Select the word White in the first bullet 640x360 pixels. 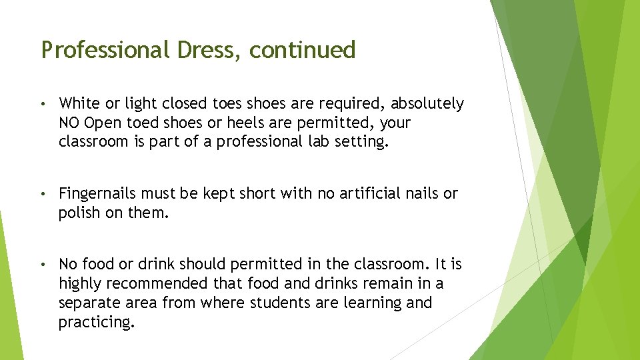coord(79,103)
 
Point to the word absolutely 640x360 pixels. coord(427,103)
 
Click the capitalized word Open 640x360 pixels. coord(103,123)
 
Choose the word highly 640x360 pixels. coord(79,283)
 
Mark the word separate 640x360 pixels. coord(87,303)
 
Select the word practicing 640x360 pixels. coord(95,322)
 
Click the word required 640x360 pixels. coord(355,103)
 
